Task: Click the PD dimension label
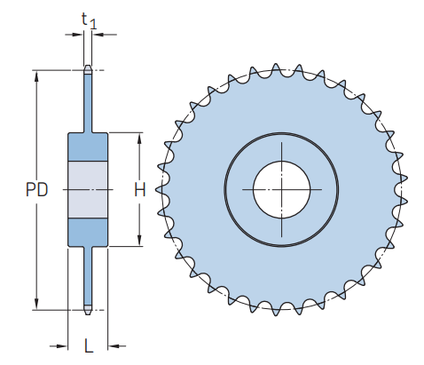(x=36, y=189)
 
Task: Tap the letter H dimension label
(x=139, y=189)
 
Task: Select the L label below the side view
(x=88, y=345)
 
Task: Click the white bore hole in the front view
(x=281, y=188)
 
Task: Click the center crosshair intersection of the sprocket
(x=281, y=188)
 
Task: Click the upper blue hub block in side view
(x=88, y=147)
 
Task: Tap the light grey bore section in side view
(x=88, y=189)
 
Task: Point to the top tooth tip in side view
(x=88, y=67)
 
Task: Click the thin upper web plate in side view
(x=88, y=102)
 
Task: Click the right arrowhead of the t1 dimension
(x=96, y=35)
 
